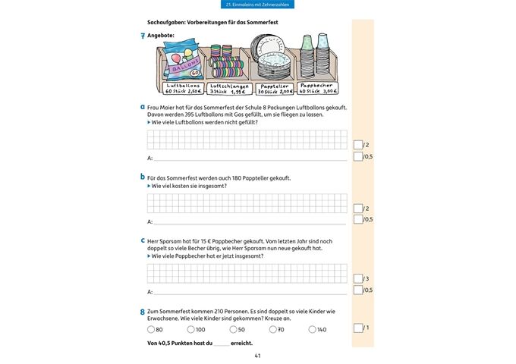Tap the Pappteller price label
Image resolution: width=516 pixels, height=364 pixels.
[274, 89]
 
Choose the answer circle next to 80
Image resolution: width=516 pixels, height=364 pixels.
[150, 330]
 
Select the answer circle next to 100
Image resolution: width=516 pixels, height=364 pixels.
[190, 330]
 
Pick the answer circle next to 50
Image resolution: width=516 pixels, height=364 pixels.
[233, 330]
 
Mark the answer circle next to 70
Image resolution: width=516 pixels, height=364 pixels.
[272, 330]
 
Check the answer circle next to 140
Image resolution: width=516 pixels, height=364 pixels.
[312, 330]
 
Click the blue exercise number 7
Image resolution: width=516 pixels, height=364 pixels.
[143, 36]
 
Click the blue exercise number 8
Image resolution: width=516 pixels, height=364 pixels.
[143, 312]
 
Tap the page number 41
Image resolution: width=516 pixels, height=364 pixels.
[258, 356]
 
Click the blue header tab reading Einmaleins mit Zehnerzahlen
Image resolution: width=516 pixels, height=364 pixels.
[258, 5]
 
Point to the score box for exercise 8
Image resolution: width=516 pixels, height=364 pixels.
[358, 328]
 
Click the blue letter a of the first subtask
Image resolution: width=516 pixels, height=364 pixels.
[143, 107]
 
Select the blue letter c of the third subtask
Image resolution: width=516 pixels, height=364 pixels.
[143, 240]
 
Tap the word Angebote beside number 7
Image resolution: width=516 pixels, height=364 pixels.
[161, 36]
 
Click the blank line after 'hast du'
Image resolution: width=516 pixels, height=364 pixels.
[221, 344]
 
